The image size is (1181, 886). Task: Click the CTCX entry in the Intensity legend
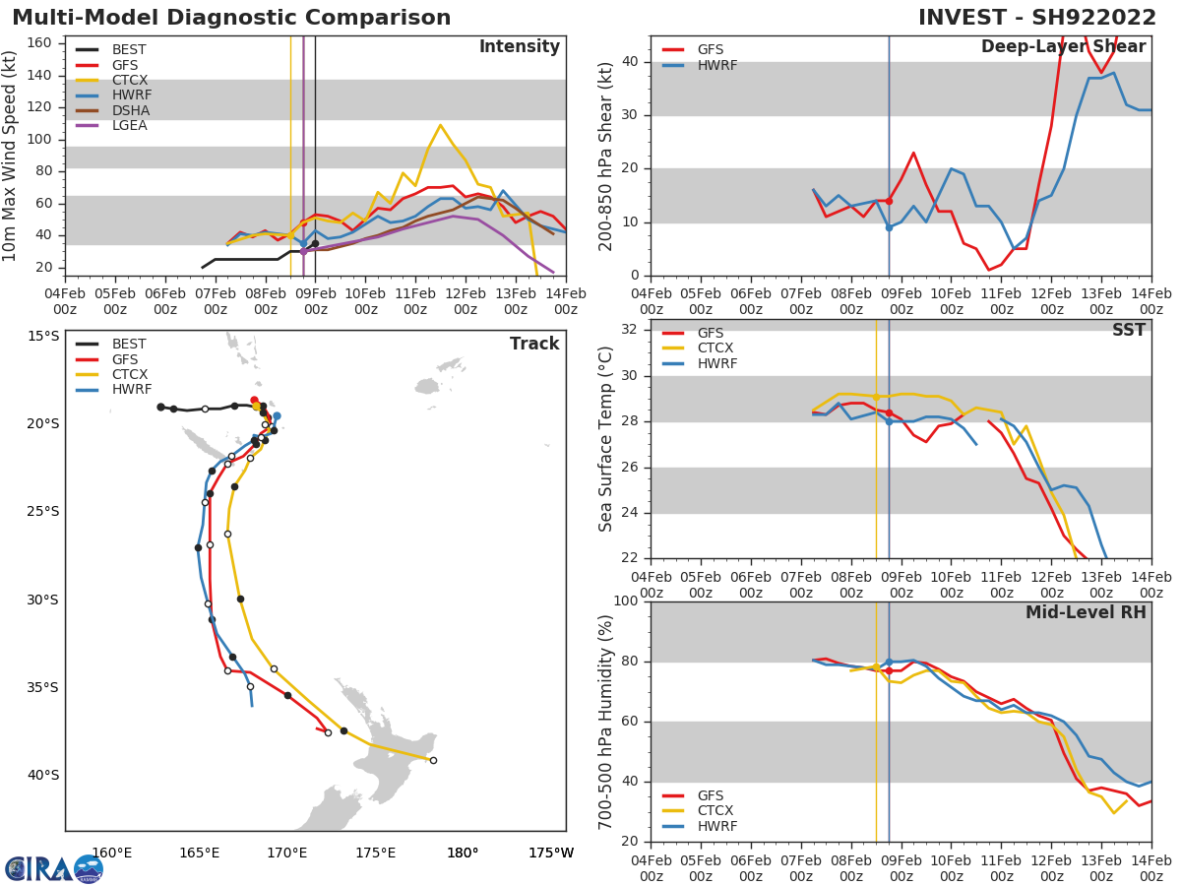pyautogui.click(x=129, y=80)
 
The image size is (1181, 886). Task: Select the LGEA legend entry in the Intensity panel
pyautogui.click(x=129, y=126)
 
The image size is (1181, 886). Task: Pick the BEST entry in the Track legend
pyautogui.click(x=129, y=345)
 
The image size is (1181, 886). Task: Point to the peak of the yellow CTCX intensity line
pyautogui.click(x=440, y=125)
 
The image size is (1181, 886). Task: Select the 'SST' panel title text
pyautogui.click(x=1128, y=330)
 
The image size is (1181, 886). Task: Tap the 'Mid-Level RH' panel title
pyautogui.click(x=1086, y=612)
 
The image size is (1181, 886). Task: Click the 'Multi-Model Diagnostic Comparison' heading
pyautogui.click(x=231, y=18)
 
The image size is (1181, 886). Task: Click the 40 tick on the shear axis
pyautogui.click(x=629, y=62)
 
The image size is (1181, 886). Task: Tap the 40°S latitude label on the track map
pyautogui.click(x=42, y=775)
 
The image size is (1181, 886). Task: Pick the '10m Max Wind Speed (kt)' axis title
pyautogui.click(x=11, y=156)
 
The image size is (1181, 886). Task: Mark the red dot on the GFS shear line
pyautogui.click(x=889, y=201)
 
